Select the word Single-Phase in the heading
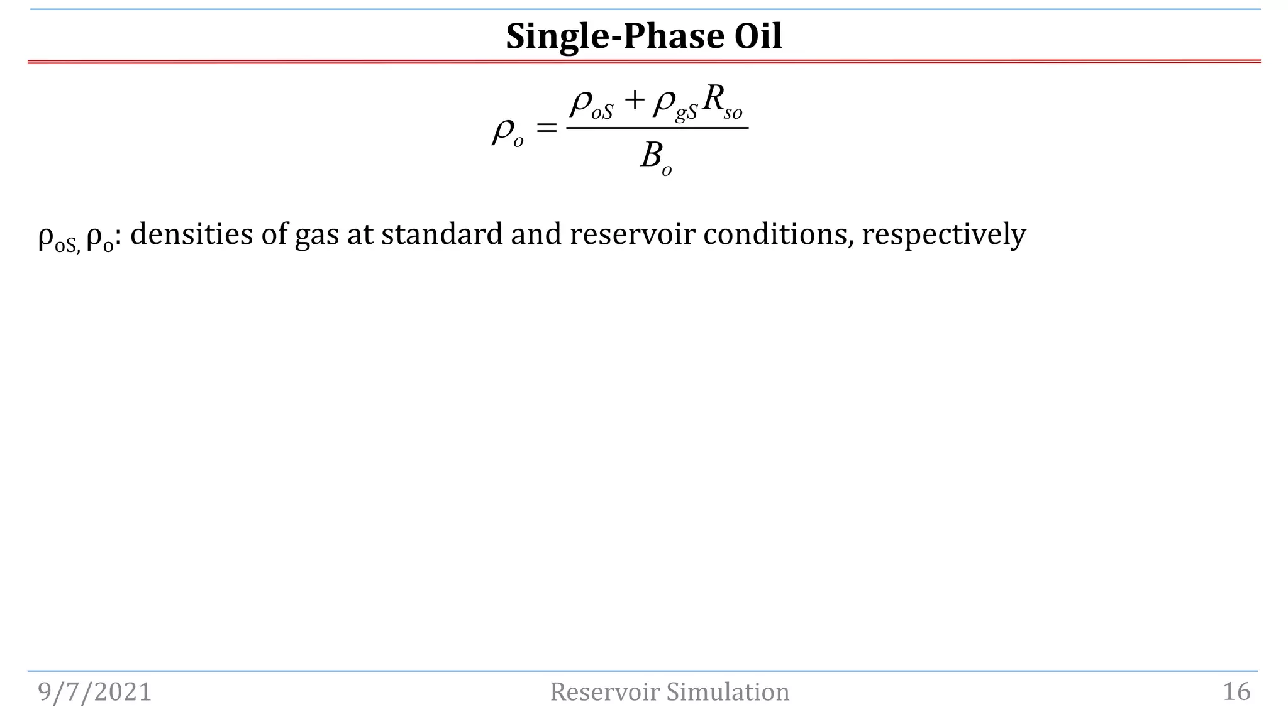607,36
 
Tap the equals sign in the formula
546,129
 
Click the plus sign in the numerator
634,101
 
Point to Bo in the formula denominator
656,157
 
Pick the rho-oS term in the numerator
591,104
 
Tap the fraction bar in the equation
657,128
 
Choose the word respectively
943,235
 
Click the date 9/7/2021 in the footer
95,692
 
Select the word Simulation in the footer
728,692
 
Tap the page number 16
1236,692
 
